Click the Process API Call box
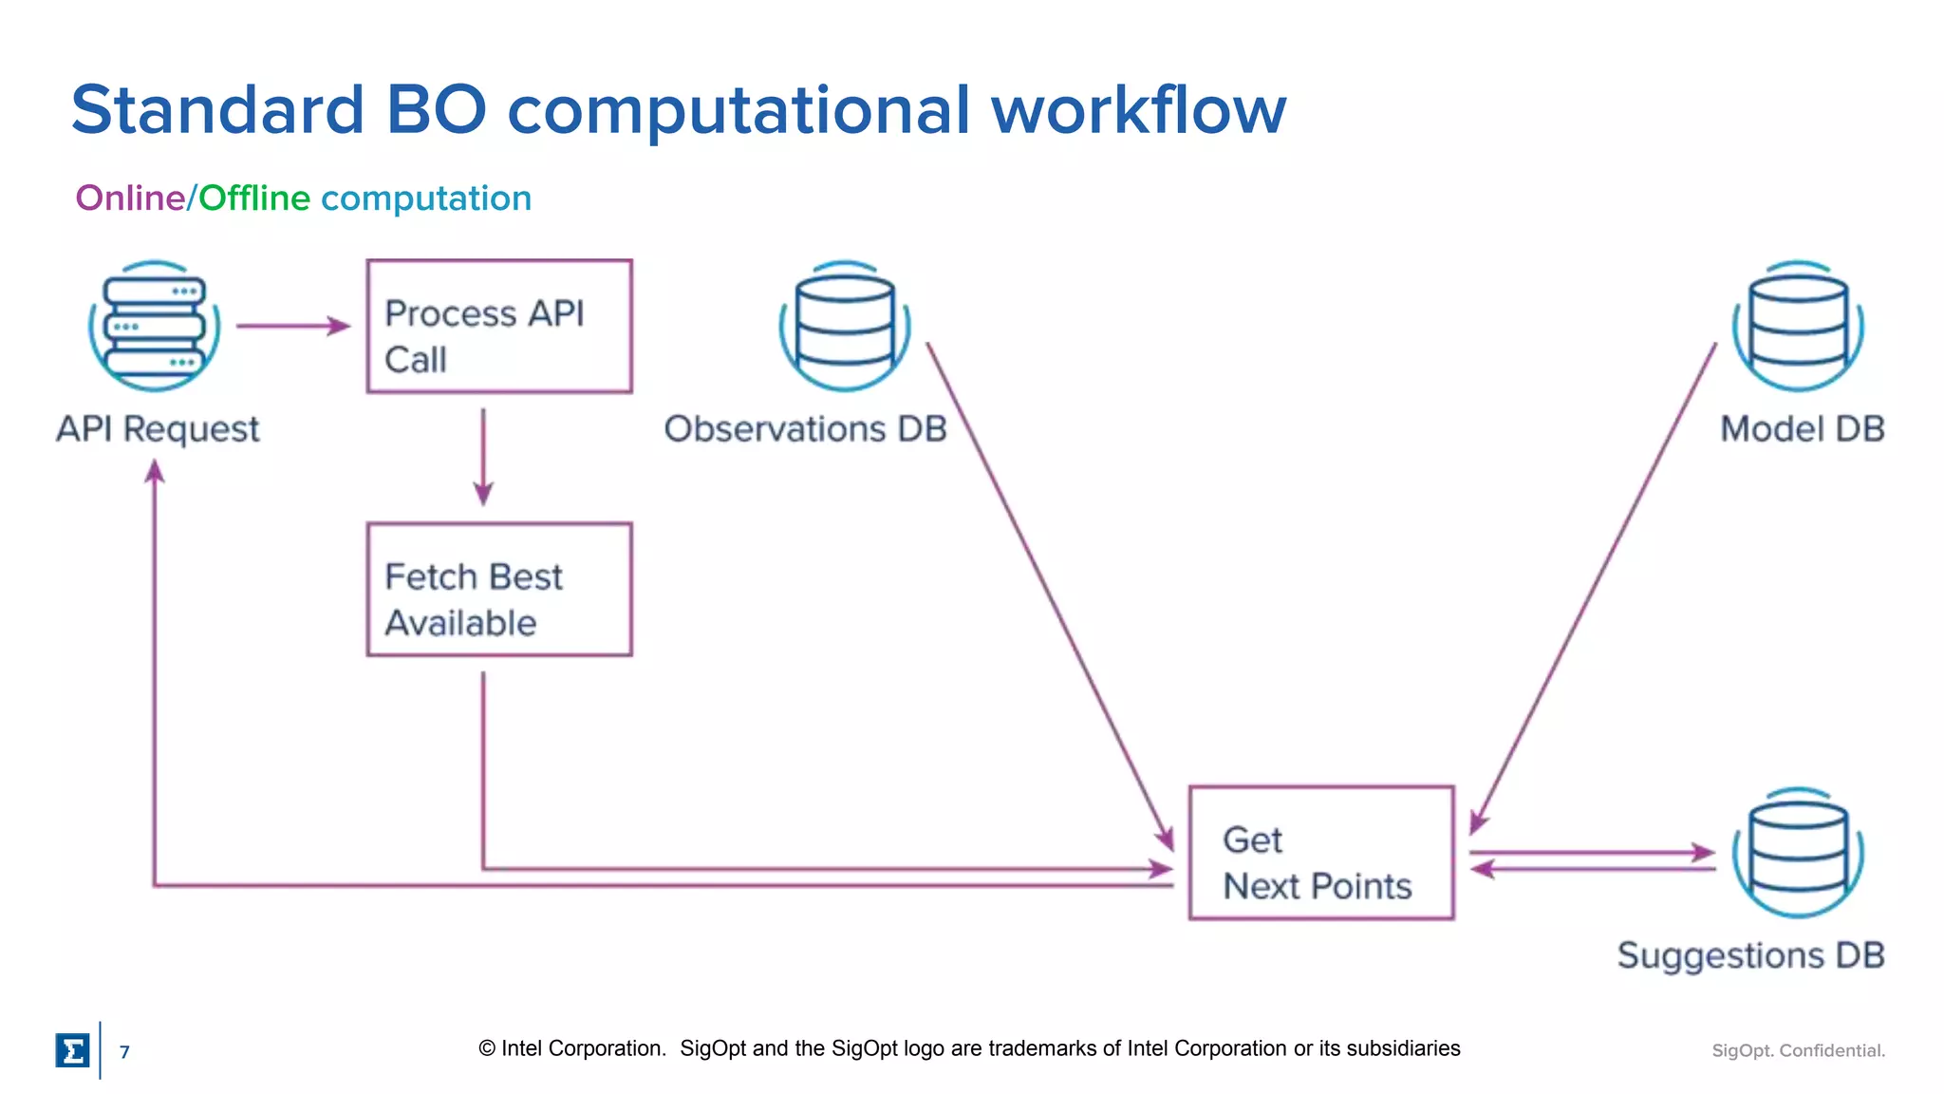[499, 326]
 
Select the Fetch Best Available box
[499, 589]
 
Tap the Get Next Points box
[1320, 852]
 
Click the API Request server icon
[155, 326]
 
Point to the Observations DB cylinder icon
[845, 326]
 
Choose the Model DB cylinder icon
[1798, 326]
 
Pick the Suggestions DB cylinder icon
[1798, 852]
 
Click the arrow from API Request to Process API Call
[292, 326]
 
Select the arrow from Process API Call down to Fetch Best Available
[483, 456]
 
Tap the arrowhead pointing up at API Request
[155, 472]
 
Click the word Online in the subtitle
[130, 198]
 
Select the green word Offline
[254, 198]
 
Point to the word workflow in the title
[1138, 109]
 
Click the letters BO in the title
[436, 109]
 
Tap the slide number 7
[124, 1051]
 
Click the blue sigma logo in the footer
[73, 1050]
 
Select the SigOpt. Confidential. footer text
[1798, 1050]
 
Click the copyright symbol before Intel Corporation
[487, 1048]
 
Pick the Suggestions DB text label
[1750, 955]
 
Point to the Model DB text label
[1802, 429]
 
